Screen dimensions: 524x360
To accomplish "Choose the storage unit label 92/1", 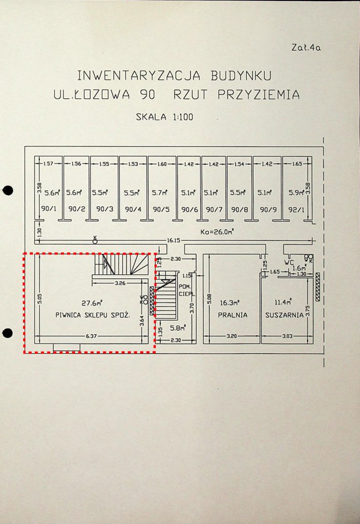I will click(x=296, y=209).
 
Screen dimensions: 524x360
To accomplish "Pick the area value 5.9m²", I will click(x=296, y=193).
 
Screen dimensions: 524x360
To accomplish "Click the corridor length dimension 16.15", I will click(x=174, y=239).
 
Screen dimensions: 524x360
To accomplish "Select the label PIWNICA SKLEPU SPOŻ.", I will click(x=93, y=316).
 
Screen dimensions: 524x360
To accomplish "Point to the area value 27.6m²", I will click(x=93, y=302).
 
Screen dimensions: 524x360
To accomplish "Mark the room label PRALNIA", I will click(x=232, y=315).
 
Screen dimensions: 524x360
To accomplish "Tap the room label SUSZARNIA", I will click(x=285, y=315).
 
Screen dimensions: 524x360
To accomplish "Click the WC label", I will click(x=289, y=262).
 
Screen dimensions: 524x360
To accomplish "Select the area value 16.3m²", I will click(x=231, y=302).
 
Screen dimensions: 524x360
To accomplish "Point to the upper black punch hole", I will click(x=7, y=191).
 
